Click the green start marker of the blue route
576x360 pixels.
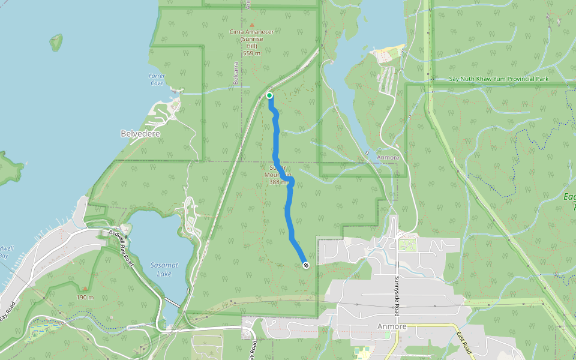coord(269,95)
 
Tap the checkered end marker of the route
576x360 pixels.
coord(306,265)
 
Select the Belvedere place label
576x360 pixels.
coord(140,133)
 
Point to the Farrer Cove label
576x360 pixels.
coord(156,79)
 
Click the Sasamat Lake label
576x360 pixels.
coord(160,270)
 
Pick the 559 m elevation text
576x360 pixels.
coord(252,53)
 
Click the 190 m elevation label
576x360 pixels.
coord(85,297)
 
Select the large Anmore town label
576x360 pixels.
coord(392,326)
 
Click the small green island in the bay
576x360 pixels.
coord(56,42)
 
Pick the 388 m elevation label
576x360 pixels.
coord(280,182)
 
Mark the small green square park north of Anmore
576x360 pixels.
coord(407,245)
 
